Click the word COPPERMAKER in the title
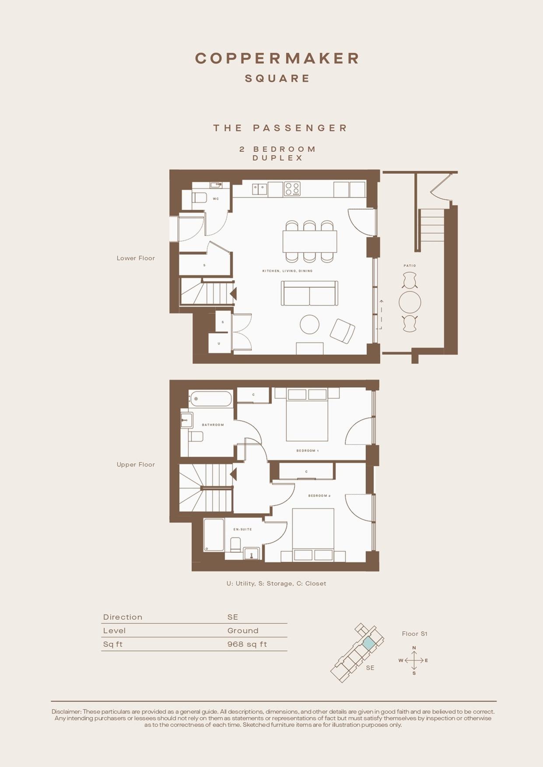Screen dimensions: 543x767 (x=277, y=58)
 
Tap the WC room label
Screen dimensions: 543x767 (x=216, y=199)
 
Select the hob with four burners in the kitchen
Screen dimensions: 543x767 (x=292, y=189)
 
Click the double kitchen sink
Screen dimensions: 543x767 (x=259, y=189)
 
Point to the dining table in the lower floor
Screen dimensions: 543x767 (x=310, y=241)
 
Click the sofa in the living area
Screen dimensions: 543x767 (x=309, y=293)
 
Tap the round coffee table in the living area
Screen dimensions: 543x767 (x=310, y=325)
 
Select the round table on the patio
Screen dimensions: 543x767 (x=410, y=302)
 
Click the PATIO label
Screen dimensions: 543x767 (x=410, y=265)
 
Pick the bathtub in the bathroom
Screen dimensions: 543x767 (x=211, y=399)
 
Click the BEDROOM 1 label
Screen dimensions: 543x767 (x=308, y=450)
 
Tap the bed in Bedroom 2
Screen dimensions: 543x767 (x=313, y=535)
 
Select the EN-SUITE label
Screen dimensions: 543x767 (x=242, y=529)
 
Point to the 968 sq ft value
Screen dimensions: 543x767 (x=247, y=644)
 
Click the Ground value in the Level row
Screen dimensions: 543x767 (x=243, y=631)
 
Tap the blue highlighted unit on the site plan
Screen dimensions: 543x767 (x=369, y=643)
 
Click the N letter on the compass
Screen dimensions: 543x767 (x=414, y=648)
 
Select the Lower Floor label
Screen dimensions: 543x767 (x=136, y=258)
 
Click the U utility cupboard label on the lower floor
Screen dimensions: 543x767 (x=219, y=343)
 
